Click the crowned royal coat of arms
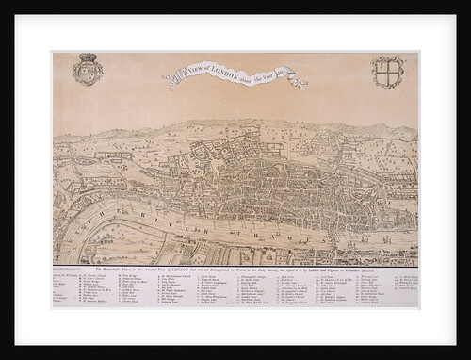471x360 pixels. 88,69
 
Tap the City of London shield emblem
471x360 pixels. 387,72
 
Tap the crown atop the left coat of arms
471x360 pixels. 88,57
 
